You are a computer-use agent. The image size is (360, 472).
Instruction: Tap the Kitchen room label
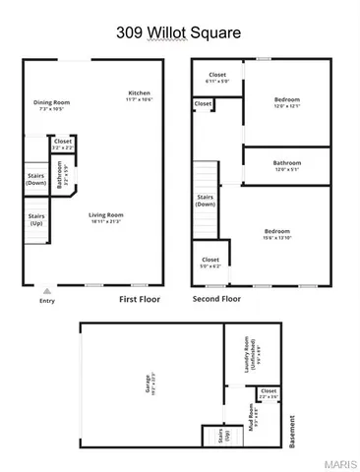tap(138, 96)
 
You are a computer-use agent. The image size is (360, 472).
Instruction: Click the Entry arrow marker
tap(46, 290)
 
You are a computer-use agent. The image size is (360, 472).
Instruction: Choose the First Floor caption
tap(140, 298)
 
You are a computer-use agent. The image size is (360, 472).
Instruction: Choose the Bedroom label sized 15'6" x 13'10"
tap(276, 233)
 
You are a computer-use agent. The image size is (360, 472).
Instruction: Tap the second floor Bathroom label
tap(287, 165)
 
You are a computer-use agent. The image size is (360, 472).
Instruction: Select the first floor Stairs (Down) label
tap(35, 179)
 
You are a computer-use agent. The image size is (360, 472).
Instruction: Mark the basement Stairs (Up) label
tap(213, 434)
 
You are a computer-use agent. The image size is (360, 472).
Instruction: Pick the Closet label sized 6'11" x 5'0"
tap(217, 78)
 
